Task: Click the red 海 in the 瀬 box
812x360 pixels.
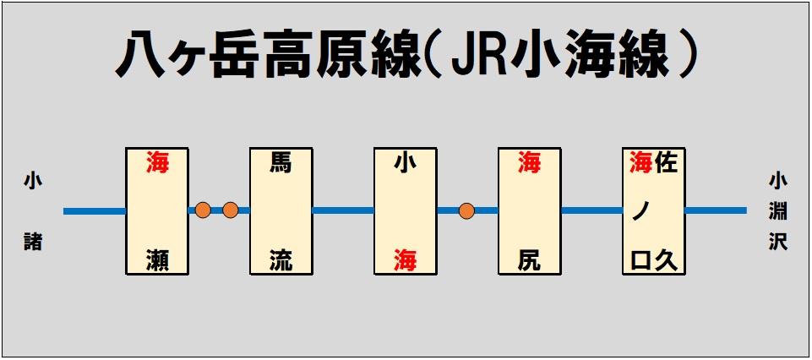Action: (x=157, y=162)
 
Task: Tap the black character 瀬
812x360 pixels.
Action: (x=157, y=261)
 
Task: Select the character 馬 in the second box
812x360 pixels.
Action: (x=281, y=162)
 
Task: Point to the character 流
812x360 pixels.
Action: (x=281, y=261)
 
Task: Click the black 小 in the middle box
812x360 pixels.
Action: (x=405, y=162)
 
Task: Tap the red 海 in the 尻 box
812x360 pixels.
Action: (x=529, y=162)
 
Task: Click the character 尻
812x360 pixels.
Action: (x=529, y=261)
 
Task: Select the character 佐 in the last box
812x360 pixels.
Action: (x=666, y=162)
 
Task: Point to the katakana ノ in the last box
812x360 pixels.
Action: (x=641, y=212)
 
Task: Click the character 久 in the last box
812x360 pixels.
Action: (x=666, y=261)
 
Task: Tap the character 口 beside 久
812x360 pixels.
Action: (x=641, y=262)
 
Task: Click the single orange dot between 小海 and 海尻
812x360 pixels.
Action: (x=466, y=210)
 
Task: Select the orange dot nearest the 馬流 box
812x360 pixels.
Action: (x=230, y=210)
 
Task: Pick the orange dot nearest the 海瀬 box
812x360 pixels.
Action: (x=203, y=210)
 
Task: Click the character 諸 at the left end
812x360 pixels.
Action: (x=33, y=242)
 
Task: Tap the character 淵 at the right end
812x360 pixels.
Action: (x=778, y=211)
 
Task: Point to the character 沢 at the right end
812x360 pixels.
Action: (x=778, y=242)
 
